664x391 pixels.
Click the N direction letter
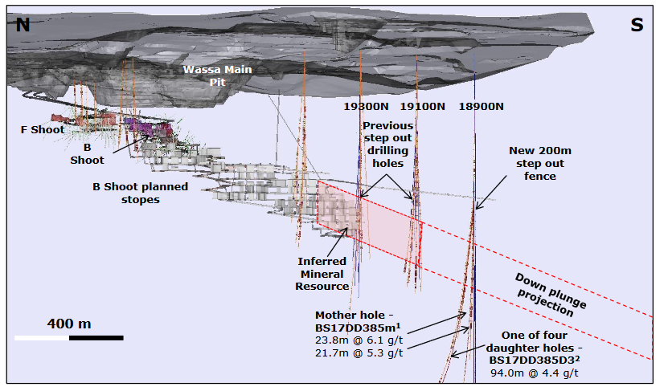point(23,25)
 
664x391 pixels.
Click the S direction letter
point(637,25)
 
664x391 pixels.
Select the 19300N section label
point(367,106)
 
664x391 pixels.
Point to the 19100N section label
point(423,106)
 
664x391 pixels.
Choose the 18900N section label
point(480,106)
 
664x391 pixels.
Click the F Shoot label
point(43,129)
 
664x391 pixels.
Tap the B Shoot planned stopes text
point(140,193)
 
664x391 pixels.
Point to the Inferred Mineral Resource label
point(323,274)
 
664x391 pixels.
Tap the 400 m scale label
point(69,324)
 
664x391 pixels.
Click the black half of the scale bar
point(96,338)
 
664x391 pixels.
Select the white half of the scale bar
point(42,338)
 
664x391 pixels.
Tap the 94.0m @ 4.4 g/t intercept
point(535,373)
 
